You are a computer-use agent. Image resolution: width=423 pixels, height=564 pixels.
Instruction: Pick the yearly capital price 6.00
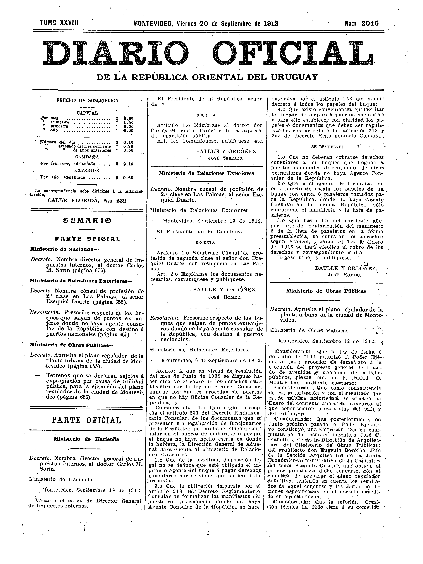click(128, 130)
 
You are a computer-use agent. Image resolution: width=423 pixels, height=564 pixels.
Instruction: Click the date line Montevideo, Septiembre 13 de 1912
click(212, 221)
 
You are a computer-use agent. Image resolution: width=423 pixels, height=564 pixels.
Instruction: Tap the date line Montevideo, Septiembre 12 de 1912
click(327, 341)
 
